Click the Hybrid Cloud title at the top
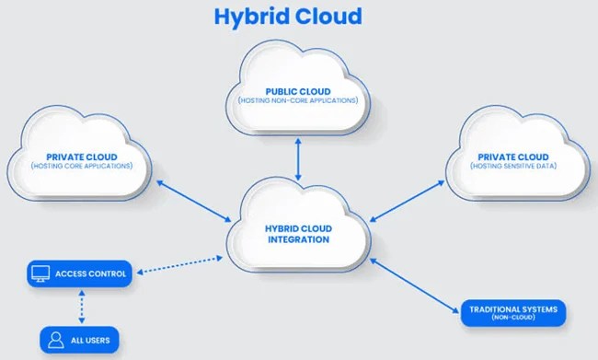click(x=288, y=16)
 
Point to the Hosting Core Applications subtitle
click(x=83, y=166)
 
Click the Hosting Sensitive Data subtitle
click(x=511, y=166)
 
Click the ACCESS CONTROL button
click(x=80, y=273)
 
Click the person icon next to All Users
click(x=55, y=340)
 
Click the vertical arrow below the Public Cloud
click(x=298, y=159)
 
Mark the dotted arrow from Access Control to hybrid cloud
click(x=180, y=264)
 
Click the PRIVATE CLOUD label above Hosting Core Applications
click(x=83, y=157)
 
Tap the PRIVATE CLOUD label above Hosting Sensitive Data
click(x=511, y=157)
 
